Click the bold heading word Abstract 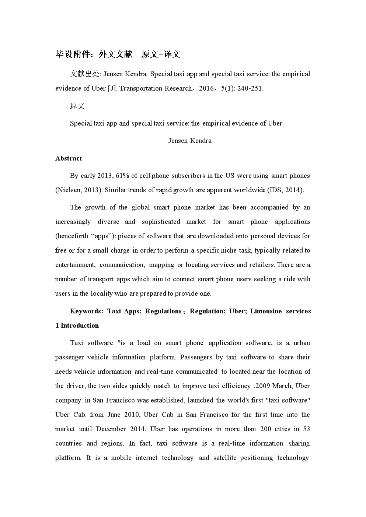(69, 158)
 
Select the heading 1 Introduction (77, 326)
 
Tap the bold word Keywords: (87, 311)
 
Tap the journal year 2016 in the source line (206, 88)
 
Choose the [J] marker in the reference (112, 88)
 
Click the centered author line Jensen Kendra (190, 141)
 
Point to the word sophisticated (161, 222)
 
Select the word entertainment (75, 265)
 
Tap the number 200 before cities (266, 429)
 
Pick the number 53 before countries (306, 429)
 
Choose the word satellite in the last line (225, 458)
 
